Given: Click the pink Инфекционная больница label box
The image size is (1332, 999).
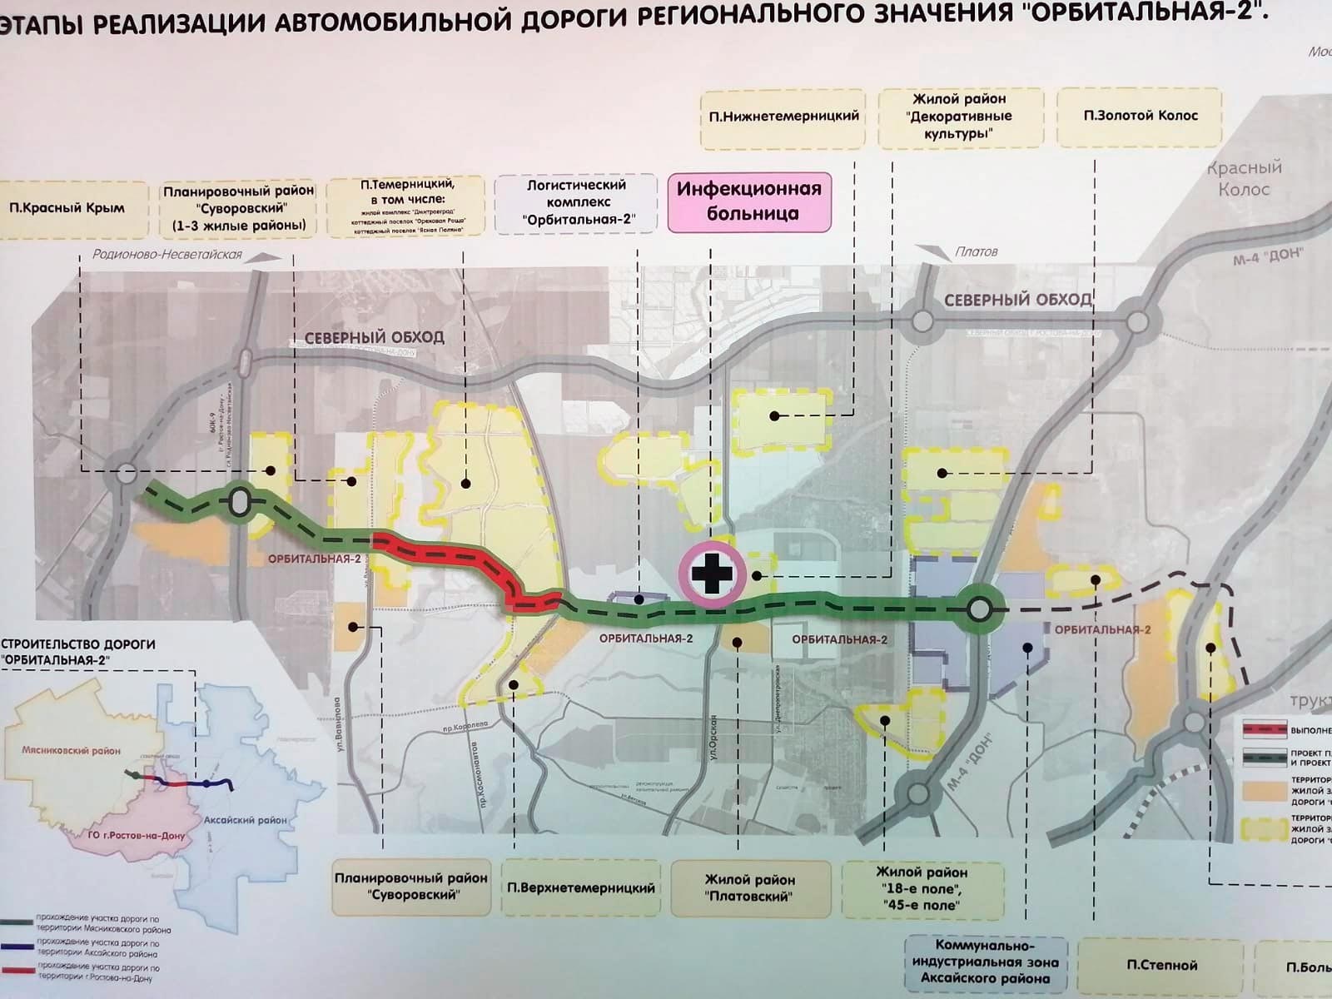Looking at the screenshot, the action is click(x=749, y=201).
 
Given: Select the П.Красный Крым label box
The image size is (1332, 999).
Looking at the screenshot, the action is click(x=67, y=208).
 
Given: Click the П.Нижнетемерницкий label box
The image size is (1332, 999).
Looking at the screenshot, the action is click(x=783, y=117).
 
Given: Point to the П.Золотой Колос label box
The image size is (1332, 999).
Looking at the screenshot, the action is click(x=1140, y=116).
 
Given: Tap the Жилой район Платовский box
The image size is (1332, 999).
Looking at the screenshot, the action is click(x=749, y=887).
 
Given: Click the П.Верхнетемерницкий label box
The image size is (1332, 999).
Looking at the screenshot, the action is click(x=581, y=887).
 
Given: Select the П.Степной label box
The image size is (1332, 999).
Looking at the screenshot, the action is click(x=1161, y=965).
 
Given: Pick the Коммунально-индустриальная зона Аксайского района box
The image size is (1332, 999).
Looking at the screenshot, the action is click(x=985, y=962).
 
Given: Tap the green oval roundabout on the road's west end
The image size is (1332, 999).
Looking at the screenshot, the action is click(x=240, y=502).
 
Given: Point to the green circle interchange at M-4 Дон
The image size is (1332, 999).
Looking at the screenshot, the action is click(x=980, y=610).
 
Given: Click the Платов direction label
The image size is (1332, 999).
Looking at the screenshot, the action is click(x=976, y=251).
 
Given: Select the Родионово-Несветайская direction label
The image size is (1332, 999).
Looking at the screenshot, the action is click(x=167, y=255).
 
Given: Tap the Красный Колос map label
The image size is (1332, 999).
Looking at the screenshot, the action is click(x=1244, y=178).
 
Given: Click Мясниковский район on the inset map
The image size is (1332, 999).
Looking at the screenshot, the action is click(x=71, y=750).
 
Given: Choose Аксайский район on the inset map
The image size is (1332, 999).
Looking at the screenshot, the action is click(x=245, y=820).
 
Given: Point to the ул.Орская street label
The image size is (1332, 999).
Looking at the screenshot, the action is click(x=713, y=736).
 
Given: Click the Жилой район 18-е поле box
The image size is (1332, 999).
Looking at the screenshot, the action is click(x=922, y=888).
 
